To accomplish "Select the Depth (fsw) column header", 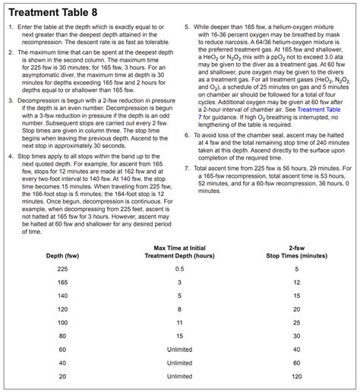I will (62, 255).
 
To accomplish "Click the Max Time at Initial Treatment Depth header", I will (180, 251).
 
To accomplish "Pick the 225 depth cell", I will (62, 269).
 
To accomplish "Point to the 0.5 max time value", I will (180, 269).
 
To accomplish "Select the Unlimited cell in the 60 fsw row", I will (180, 349).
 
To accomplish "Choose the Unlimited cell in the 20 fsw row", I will (180, 376).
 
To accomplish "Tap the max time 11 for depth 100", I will (180, 323).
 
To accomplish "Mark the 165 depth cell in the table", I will (62, 283).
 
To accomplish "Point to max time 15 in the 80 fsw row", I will (180, 336).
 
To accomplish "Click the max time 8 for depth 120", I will (180, 309).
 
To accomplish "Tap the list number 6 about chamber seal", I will (187, 134).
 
